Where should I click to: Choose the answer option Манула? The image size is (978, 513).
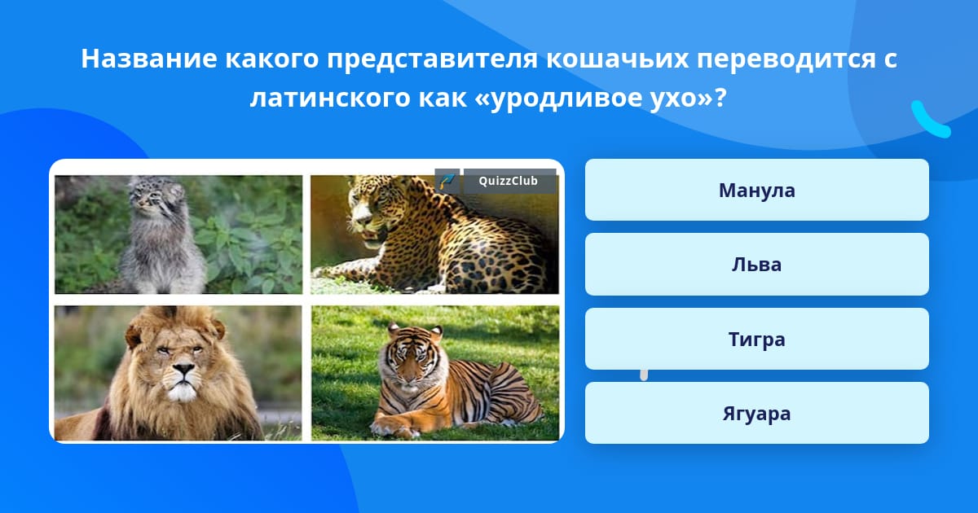pyautogui.click(x=756, y=190)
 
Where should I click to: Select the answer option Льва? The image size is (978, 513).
pyautogui.click(x=756, y=265)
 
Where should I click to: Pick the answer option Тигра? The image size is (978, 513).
pyautogui.click(x=756, y=339)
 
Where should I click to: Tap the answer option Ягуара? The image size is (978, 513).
pyautogui.click(x=756, y=413)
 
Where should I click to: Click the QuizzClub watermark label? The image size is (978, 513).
pyautogui.click(x=509, y=181)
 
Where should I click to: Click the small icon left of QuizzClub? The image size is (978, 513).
pyautogui.click(x=447, y=181)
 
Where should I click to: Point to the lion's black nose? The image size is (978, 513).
pyautogui.click(x=184, y=370)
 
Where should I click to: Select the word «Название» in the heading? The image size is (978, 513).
pyautogui.click(x=149, y=59)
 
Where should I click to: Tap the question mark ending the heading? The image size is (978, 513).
pyautogui.click(x=720, y=98)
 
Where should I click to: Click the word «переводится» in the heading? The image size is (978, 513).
pyautogui.click(x=786, y=59)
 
